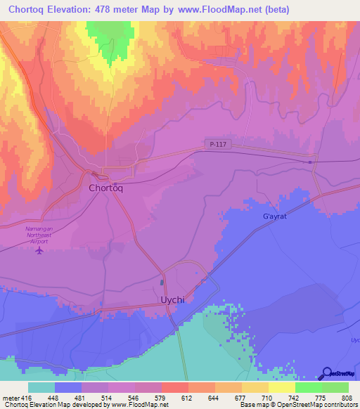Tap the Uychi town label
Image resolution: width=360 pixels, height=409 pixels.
pyautogui.click(x=169, y=300)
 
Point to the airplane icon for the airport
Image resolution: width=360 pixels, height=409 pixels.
pyautogui.click(x=39, y=249)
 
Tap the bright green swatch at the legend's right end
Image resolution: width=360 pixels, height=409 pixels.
pyautogui.click(x=335, y=387)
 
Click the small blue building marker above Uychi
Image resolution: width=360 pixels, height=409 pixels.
pyautogui.click(x=162, y=283)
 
